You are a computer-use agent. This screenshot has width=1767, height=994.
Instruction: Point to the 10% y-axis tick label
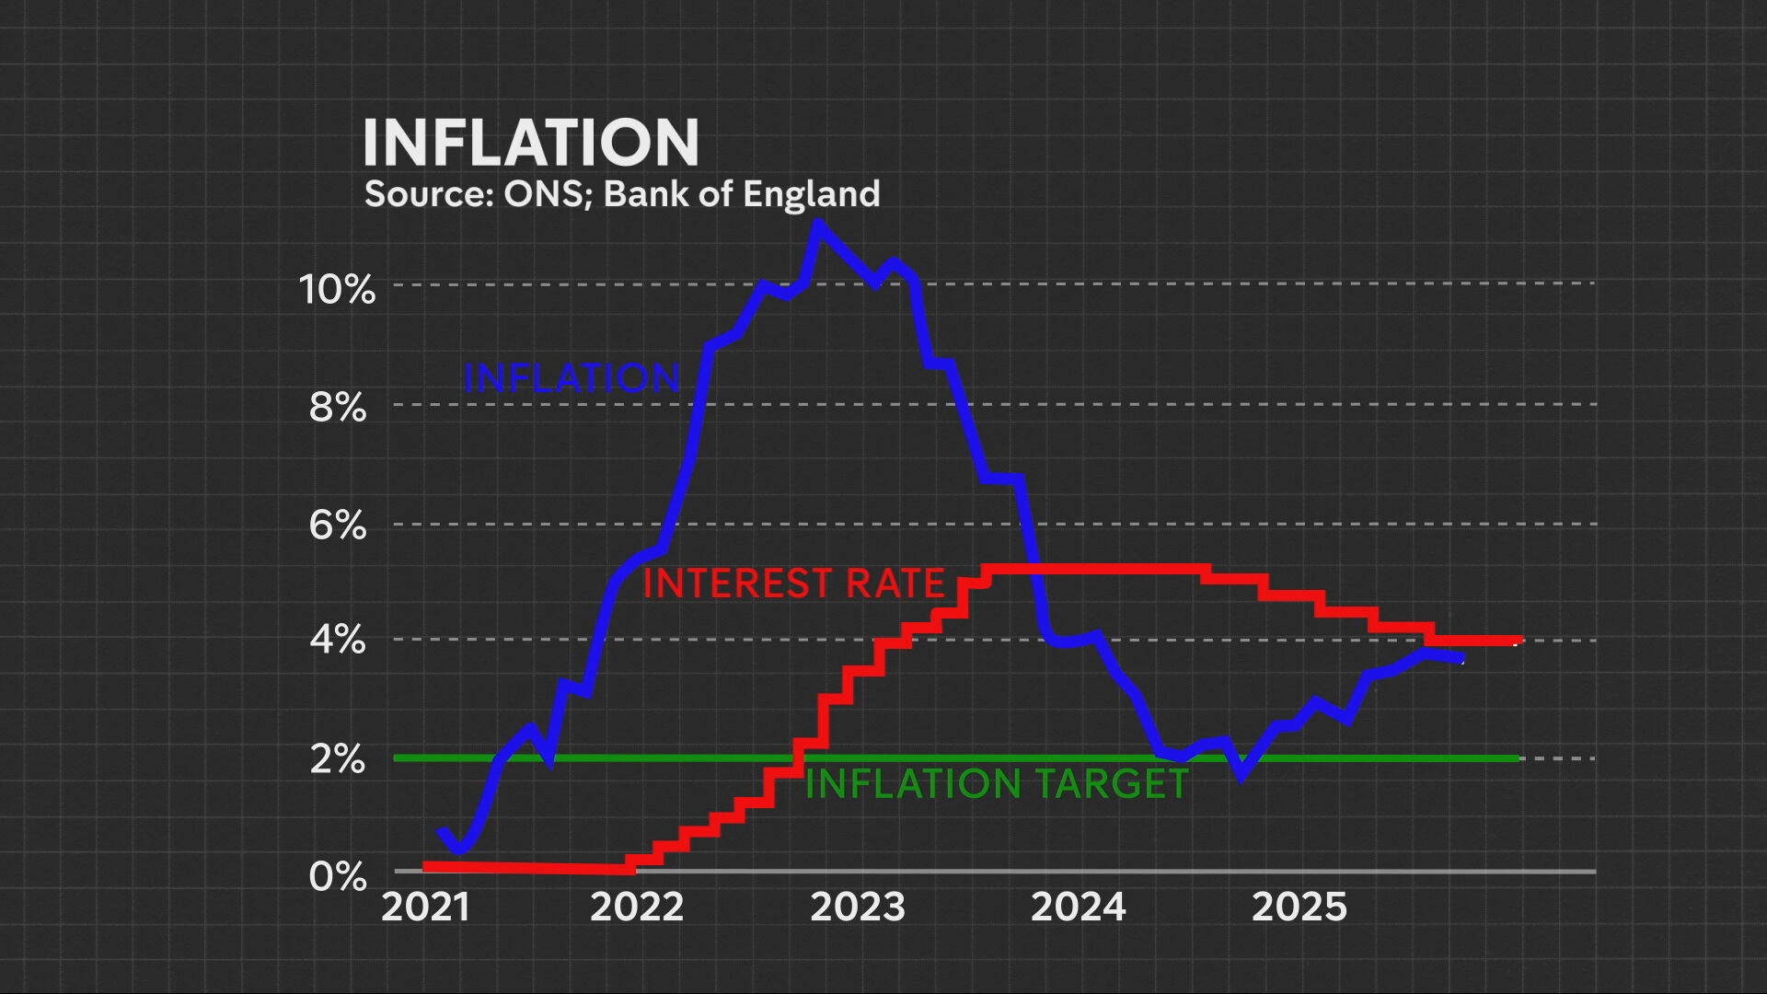(337, 289)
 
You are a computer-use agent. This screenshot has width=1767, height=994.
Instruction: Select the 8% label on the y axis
(338, 407)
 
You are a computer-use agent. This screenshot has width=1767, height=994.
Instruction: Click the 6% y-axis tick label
(338, 526)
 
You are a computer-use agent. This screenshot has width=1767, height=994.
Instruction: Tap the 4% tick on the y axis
(338, 640)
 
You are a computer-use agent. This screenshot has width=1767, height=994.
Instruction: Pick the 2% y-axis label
(338, 759)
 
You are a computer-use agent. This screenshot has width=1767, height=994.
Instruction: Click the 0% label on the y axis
(338, 876)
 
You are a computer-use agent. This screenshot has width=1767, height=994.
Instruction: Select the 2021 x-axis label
(425, 907)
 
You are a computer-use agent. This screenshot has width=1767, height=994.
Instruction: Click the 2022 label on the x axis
(637, 907)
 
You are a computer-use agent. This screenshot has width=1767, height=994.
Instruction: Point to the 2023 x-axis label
(858, 907)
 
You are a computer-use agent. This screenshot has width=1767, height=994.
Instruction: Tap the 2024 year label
(1078, 907)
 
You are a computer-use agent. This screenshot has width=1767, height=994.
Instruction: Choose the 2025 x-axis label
(1299, 907)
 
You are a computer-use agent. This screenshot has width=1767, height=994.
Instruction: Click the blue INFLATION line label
(572, 378)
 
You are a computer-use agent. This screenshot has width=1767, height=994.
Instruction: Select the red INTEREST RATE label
(793, 584)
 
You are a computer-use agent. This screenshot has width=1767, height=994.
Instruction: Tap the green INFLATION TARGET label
(997, 784)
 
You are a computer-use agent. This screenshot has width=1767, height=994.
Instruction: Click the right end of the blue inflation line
(1460, 658)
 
